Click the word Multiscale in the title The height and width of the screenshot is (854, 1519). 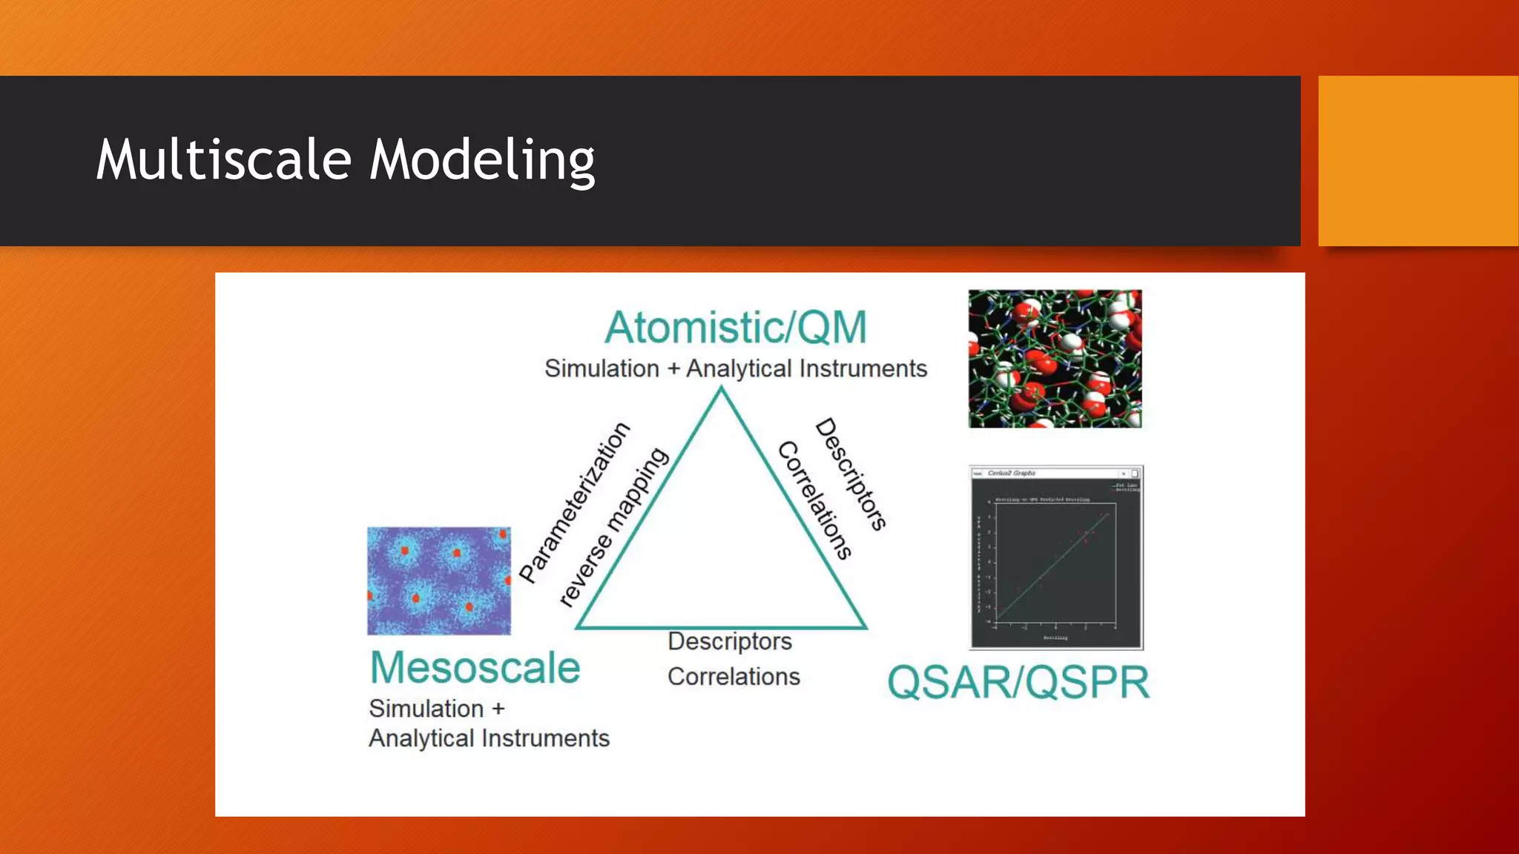(223, 159)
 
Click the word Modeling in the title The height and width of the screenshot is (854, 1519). (482, 159)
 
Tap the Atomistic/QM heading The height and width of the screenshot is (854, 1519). (735, 328)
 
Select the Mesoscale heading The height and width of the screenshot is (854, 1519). (475, 668)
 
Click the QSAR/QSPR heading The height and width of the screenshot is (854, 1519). (1018, 682)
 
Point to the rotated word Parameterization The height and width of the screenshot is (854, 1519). (574, 503)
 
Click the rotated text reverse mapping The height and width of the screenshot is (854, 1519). (613, 527)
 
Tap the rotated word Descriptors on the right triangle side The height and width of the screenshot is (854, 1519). (851, 474)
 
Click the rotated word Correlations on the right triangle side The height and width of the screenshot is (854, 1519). (815, 500)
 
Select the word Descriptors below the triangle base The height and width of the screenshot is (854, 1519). (729, 641)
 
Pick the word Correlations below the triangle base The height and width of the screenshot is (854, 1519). (734, 677)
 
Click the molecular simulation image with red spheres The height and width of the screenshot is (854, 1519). (1055, 359)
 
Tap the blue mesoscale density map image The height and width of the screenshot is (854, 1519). (439, 580)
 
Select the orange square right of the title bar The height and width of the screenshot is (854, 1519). (1417, 161)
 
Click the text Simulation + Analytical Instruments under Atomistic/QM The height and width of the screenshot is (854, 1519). (735, 368)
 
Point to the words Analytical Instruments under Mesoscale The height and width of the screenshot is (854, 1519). (489, 738)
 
